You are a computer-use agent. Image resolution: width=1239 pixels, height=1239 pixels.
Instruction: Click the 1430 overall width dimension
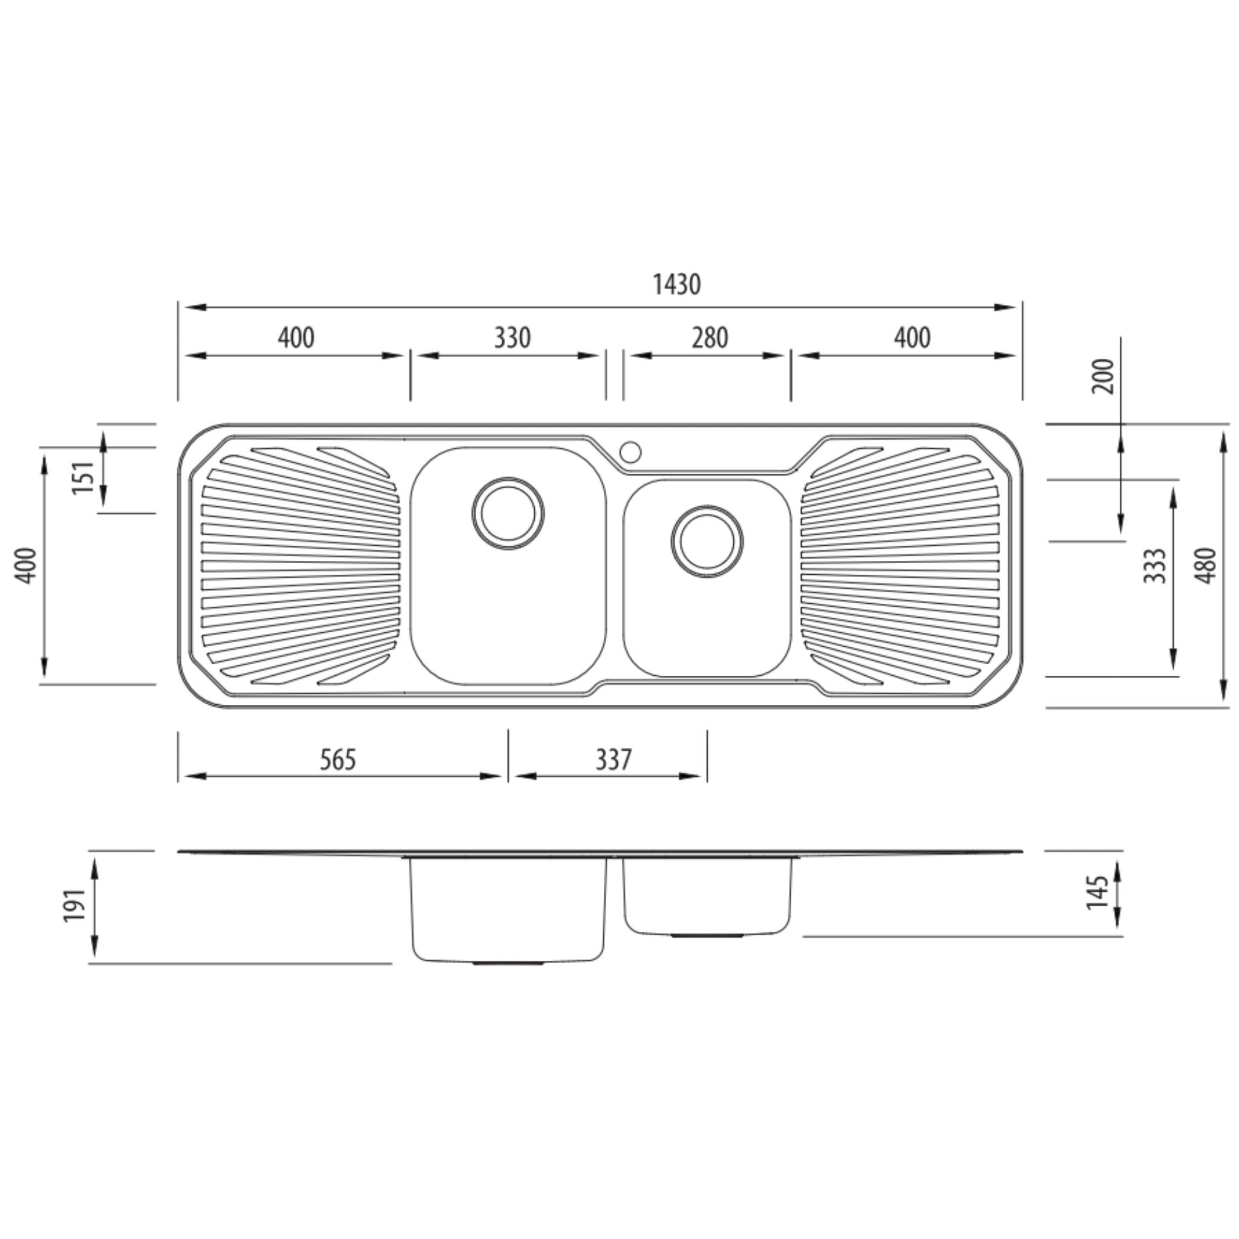(676, 284)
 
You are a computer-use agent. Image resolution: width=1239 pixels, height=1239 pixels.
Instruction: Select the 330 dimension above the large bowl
(512, 338)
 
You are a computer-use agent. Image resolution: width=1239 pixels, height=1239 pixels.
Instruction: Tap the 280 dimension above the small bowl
(709, 338)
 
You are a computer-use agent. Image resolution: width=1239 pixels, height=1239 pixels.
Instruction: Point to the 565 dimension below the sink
(338, 759)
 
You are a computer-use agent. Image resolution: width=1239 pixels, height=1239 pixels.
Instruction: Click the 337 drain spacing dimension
(613, 759)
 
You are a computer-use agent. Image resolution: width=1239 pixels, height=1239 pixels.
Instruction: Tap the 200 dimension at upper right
(1103, 376)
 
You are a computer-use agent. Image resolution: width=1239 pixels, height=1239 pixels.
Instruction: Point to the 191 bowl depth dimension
(75, 905)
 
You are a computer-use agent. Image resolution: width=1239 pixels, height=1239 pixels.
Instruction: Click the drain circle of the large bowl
(508, 513)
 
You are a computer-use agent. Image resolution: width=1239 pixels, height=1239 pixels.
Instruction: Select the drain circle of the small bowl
(707, 542)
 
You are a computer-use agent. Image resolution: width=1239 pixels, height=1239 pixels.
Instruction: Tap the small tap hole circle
(630, 452)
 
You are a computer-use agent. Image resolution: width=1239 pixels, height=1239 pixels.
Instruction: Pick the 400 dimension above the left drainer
(296, 338)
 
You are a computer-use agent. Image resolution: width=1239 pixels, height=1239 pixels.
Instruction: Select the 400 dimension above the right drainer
(912, 338)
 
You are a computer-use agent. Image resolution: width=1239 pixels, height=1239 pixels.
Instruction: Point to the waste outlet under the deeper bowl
(508, 963)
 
